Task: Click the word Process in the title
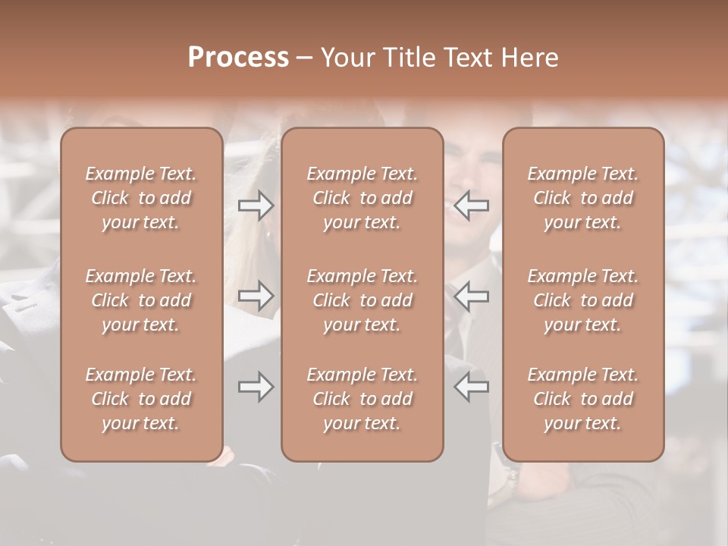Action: (238, 58)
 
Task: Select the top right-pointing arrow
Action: (256, 206)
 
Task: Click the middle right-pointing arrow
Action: (256, 296)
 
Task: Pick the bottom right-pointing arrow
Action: (256, 387)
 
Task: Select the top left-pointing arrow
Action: (471, 206)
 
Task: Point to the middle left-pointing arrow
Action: (471, 296)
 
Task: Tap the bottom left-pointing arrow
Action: (471, 387)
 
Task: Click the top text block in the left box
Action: (141, 198)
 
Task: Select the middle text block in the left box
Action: (141, 300)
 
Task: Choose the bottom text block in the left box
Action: (141, 399)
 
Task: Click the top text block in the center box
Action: (362, 198)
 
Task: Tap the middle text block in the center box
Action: (362, 300)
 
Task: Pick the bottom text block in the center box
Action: (362, 399)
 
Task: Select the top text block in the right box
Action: (583, 198)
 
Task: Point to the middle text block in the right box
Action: (583, 300)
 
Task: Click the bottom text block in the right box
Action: (583, 399)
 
